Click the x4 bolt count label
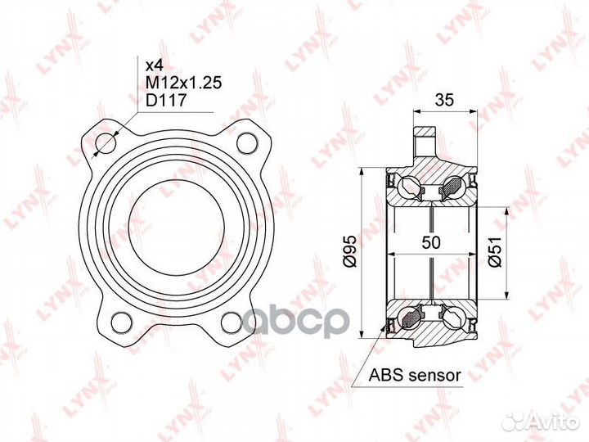[155, 65]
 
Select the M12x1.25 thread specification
[184, 83]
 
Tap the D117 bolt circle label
[165, 101]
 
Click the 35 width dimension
[444, 100]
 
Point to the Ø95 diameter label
[350, 251]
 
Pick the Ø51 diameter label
[495, 252]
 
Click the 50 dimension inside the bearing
[431, 242]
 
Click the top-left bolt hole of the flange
[106, 143]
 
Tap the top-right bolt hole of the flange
[249, 143]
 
